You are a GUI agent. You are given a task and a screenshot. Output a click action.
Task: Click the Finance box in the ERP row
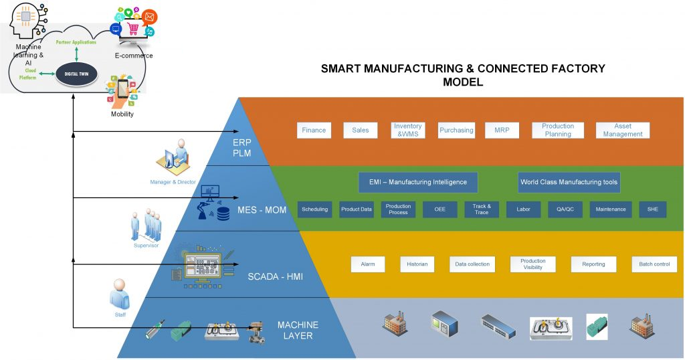[x=314, y=130]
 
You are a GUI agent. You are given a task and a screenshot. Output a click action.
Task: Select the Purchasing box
[x=456, y=130]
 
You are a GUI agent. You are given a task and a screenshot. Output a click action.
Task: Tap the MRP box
[x=502, y=130]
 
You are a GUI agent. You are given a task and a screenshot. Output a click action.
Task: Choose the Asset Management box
[x=623, y=130]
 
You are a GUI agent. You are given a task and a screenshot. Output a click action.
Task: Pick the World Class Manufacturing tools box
[x=569, y=182]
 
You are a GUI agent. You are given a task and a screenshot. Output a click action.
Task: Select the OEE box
[x=439, y=209]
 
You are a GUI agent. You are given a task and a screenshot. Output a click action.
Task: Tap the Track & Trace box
[x=482, y=209]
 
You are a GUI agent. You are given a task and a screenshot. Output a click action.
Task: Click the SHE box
[x=652, y=209]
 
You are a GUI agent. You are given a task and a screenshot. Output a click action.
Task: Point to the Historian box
[x=417, y=264]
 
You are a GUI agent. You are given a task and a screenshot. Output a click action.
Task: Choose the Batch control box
[x=654, y=264]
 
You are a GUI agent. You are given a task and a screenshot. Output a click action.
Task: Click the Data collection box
[x=472, y=264]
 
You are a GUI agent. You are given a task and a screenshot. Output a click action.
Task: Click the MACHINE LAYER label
[x=298, y=330]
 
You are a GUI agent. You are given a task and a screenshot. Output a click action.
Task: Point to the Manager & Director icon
[x=173, y=158]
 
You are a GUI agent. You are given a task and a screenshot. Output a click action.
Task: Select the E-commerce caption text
[x=134, y=56]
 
